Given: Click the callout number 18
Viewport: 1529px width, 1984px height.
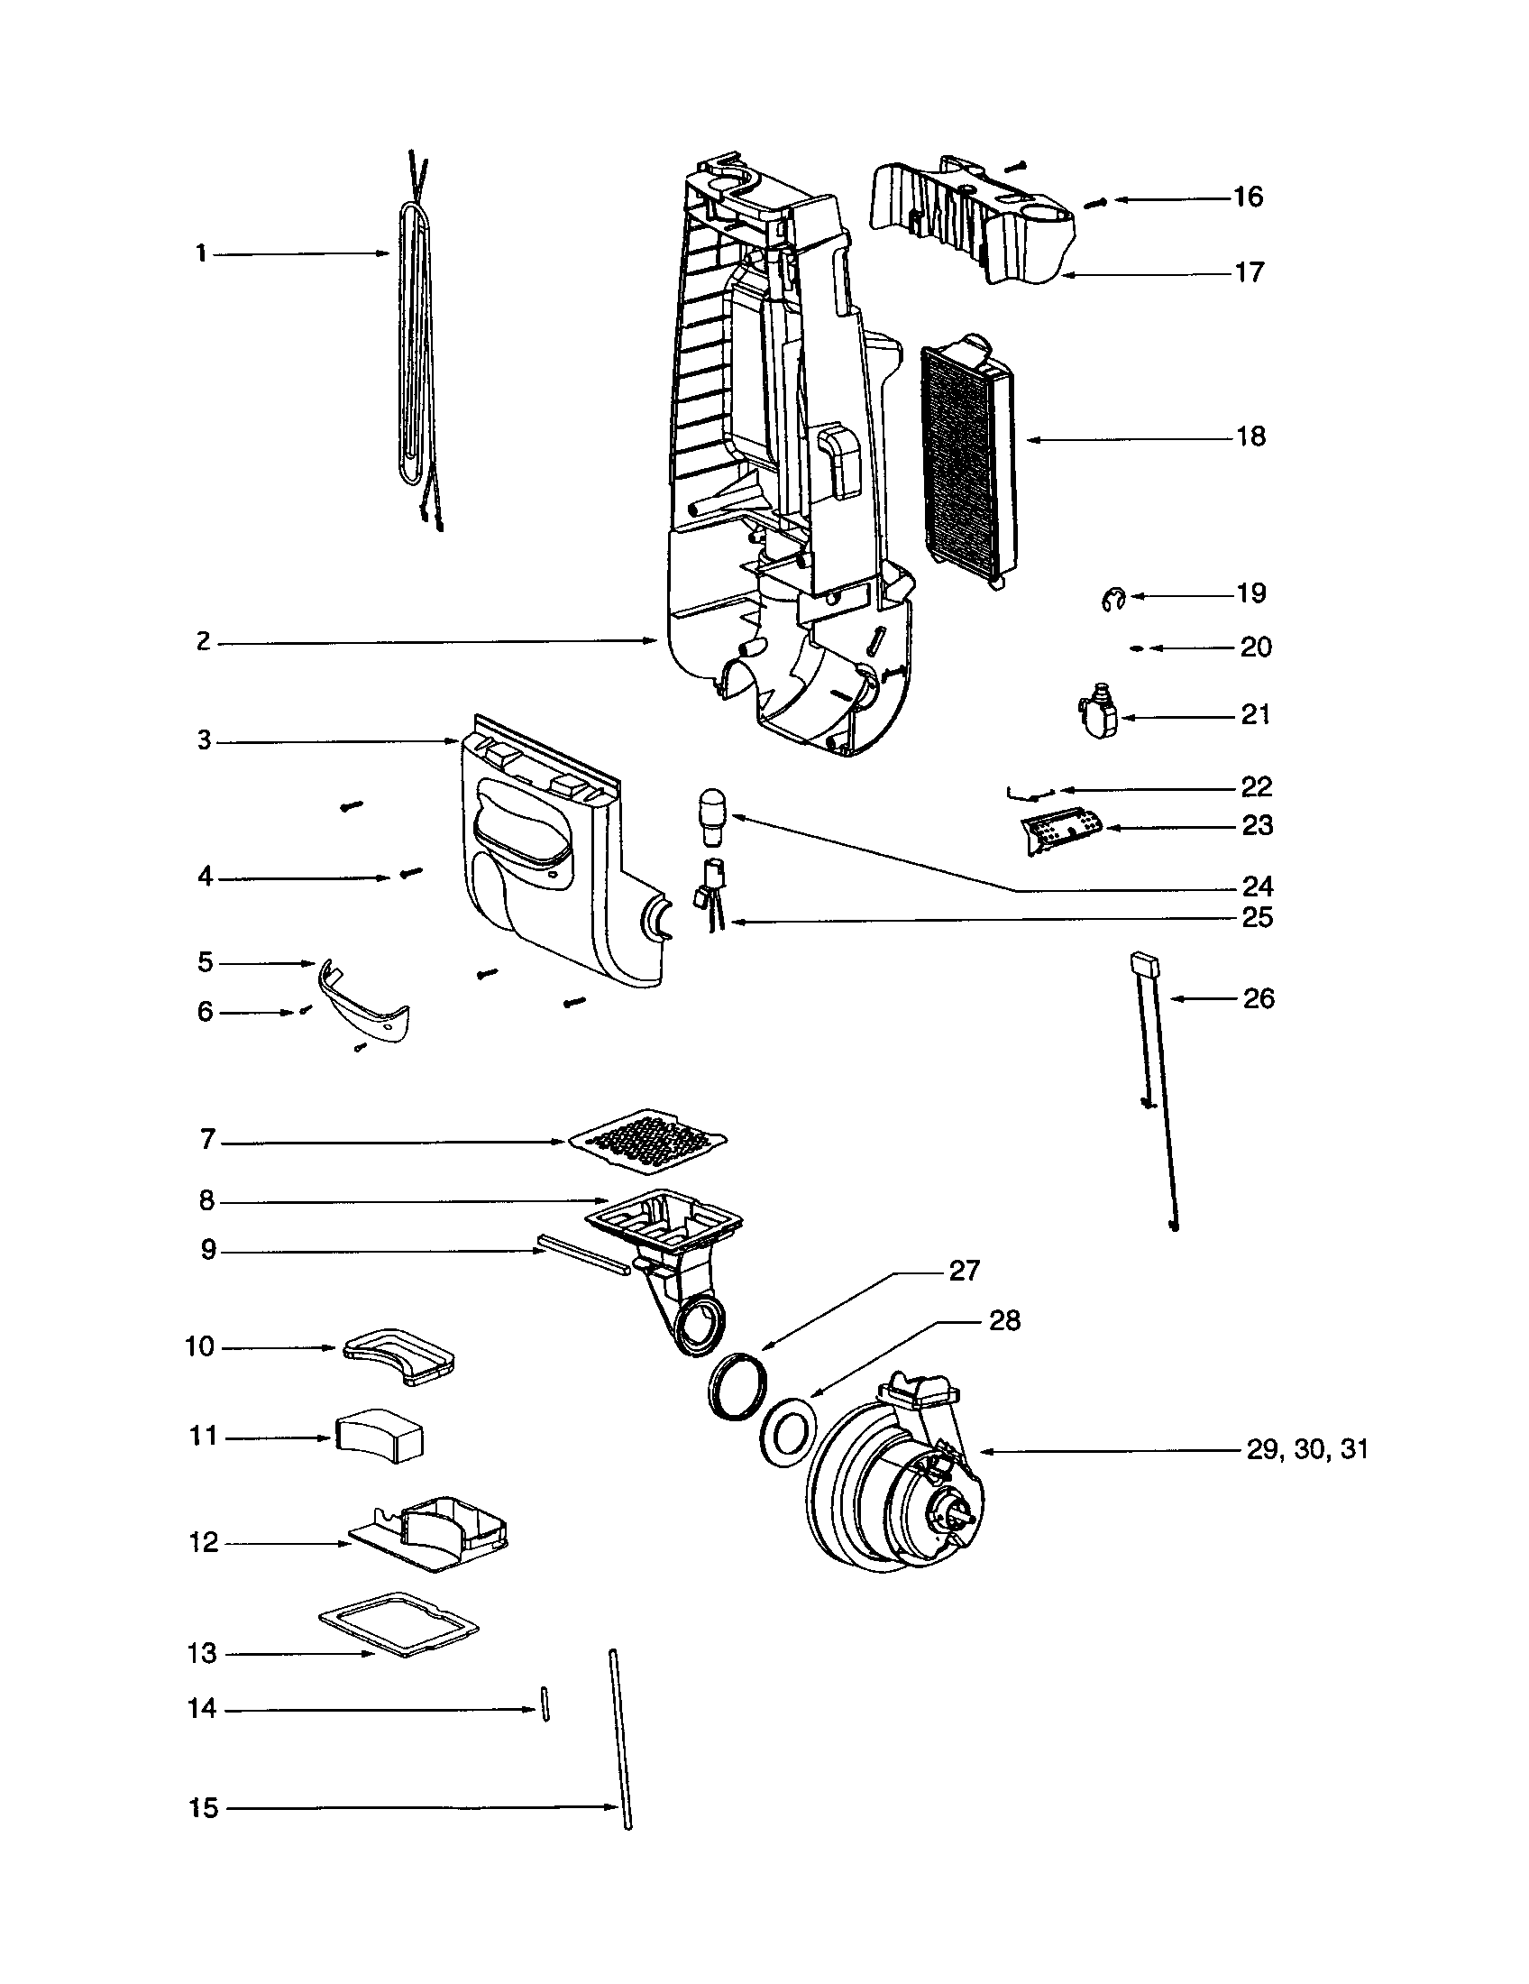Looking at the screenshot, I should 1250,437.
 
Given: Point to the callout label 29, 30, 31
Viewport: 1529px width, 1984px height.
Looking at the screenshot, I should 1306,1449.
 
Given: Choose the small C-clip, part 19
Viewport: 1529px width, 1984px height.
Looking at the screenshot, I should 1112,598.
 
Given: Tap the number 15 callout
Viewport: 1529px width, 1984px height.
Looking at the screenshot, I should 204,1808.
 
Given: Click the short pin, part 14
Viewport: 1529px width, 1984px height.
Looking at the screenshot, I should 545,1704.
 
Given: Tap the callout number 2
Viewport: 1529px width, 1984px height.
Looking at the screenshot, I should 204,641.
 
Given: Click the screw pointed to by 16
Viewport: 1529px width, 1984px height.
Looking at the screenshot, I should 1097,203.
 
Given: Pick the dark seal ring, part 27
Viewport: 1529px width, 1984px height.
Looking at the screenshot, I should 734,1385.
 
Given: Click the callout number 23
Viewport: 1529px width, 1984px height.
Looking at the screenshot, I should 1257,826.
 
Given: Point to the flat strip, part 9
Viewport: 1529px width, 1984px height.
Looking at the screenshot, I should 582,1254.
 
